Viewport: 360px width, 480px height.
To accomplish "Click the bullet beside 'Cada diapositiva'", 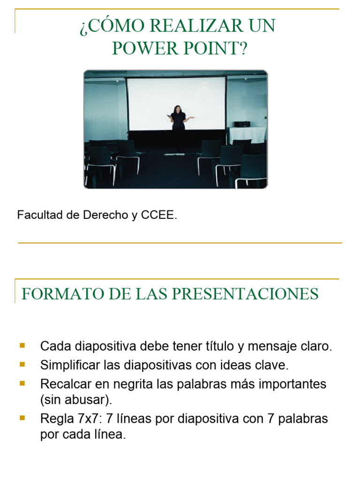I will point(22,345).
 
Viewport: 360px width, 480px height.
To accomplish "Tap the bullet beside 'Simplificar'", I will point(22,364).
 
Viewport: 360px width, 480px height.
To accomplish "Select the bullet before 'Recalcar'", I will point(22,383).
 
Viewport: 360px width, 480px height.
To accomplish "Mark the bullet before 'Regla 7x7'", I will point(22,417).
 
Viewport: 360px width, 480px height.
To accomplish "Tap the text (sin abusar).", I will point(77,401).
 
